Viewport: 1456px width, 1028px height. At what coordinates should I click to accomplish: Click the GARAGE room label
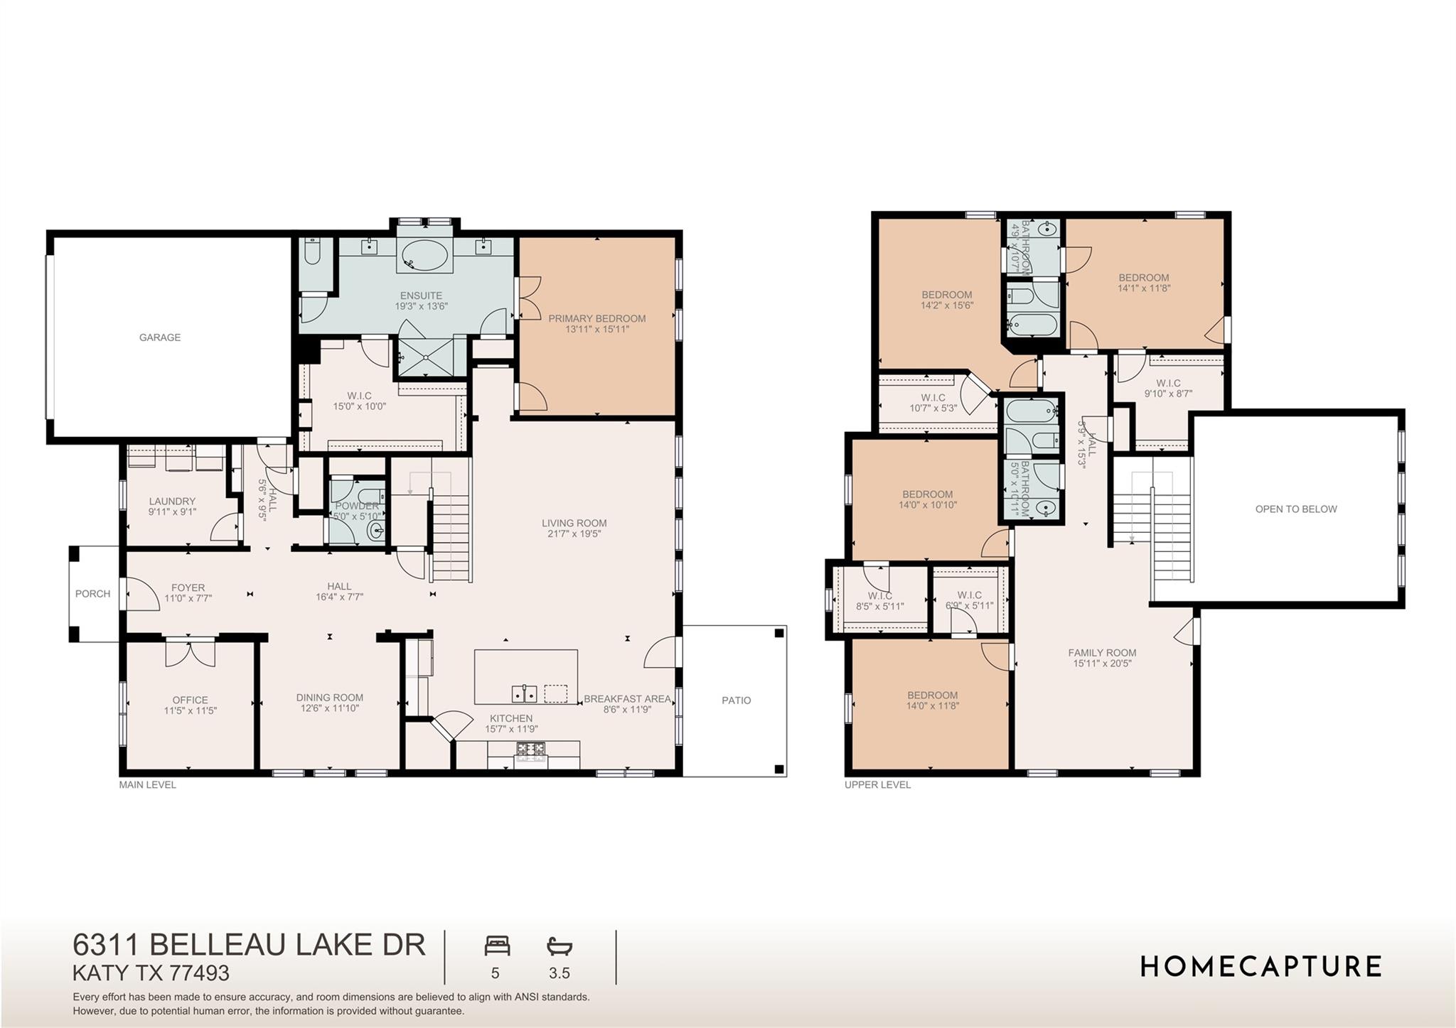[159, 337]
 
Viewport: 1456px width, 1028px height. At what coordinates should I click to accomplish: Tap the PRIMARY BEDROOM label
[596, 319]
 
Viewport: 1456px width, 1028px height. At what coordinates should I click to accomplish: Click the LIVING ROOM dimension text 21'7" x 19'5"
[574, 534]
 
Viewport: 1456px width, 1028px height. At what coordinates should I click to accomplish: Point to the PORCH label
[92, 594]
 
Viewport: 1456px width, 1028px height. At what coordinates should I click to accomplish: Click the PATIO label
[736, 700]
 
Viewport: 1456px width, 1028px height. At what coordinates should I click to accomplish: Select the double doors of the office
[190, 653]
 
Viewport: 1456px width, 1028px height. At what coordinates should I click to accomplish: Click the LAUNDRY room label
[172, 501]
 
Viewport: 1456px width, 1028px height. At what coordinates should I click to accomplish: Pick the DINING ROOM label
[329, 698]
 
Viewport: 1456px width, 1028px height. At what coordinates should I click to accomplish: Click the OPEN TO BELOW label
[1295, 509]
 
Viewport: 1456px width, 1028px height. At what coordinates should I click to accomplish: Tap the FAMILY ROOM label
[1102, 653]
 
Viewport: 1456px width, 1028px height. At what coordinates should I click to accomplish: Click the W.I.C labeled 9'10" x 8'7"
[1168, 388]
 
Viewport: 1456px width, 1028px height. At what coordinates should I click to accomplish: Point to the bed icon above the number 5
[497, 946]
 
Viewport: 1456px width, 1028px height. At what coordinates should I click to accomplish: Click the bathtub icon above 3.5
[560, 946]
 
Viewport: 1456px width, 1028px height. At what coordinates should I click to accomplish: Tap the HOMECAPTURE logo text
[1260, 967]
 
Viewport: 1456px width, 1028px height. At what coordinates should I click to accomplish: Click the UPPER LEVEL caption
[877, 785]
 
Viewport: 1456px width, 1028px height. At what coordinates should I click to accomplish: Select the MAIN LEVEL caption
[147, 785]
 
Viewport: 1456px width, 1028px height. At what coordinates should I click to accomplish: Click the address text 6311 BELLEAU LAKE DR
[249, 945]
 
